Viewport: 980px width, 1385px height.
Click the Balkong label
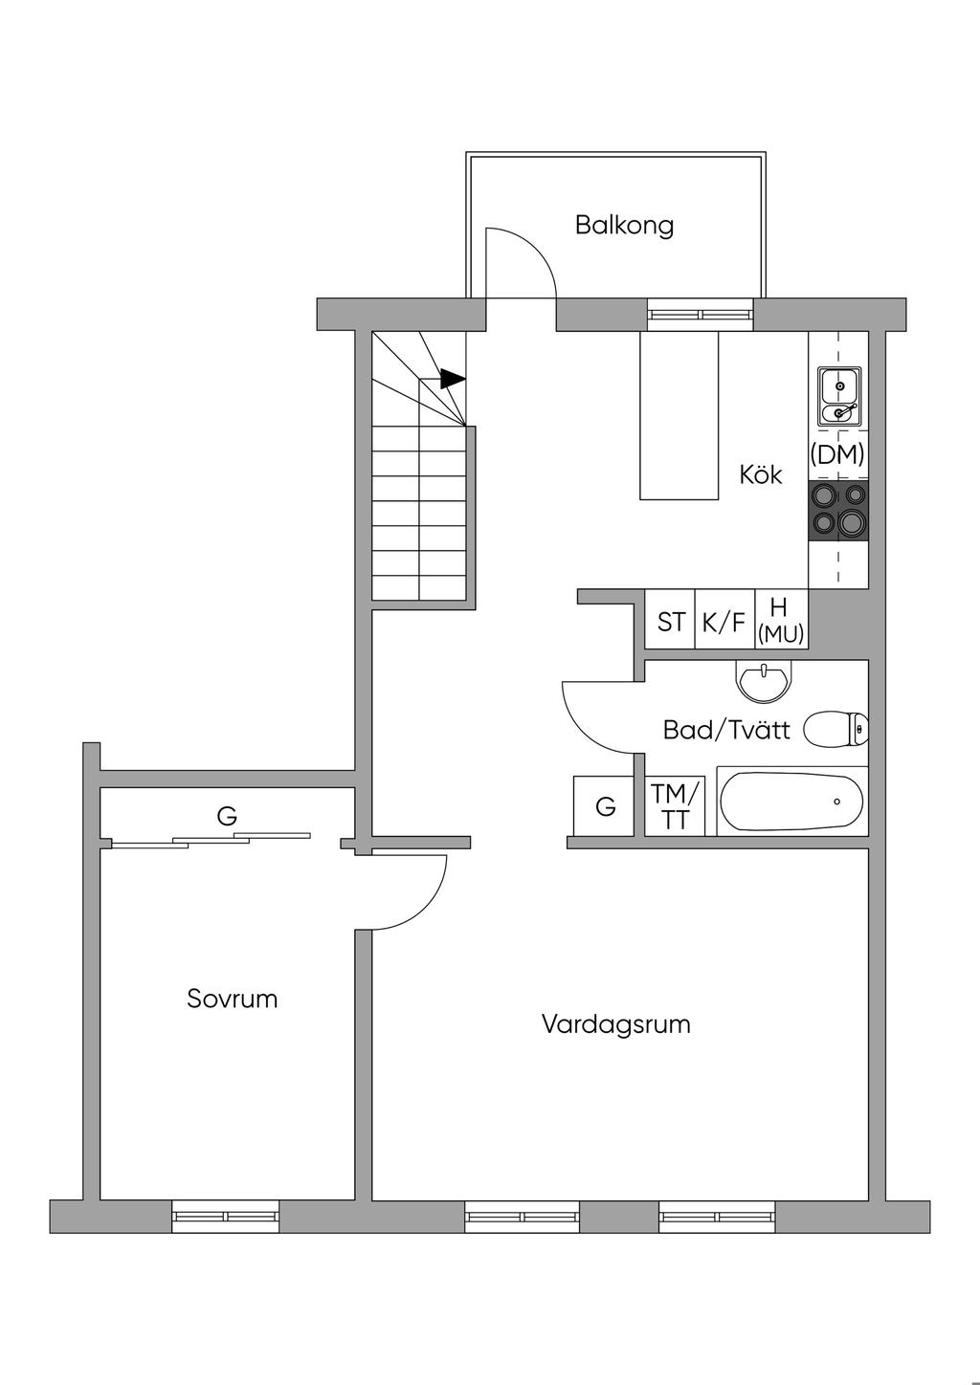pos(624,226)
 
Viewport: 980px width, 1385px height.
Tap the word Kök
pos(761,474)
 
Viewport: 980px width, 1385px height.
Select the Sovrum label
pos(233,1000)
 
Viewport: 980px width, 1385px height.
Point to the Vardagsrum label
pos(615,1024)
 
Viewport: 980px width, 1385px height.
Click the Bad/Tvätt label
pos(726,731)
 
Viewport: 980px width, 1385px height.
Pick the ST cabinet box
pos(670,622)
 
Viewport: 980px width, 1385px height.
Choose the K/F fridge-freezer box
pos(724,622)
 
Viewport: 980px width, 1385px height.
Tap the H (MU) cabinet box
pos(781,622)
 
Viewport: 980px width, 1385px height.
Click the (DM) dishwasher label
pos(837,455)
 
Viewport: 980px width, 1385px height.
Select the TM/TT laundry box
pos(676,806)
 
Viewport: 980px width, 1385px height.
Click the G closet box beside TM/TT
pos(605,806)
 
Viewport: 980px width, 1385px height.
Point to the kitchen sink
pos(839,396)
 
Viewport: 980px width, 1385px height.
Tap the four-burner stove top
pos(839,510)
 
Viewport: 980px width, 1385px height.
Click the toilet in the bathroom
pos(835,729)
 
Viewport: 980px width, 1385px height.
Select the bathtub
pos(791,802)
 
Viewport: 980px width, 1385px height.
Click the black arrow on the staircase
pos(452,379)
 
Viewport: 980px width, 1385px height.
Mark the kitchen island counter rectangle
pos(679,415)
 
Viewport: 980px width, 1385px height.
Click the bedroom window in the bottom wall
pos(226,1216)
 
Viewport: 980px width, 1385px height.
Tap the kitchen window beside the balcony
pos(700,314)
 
